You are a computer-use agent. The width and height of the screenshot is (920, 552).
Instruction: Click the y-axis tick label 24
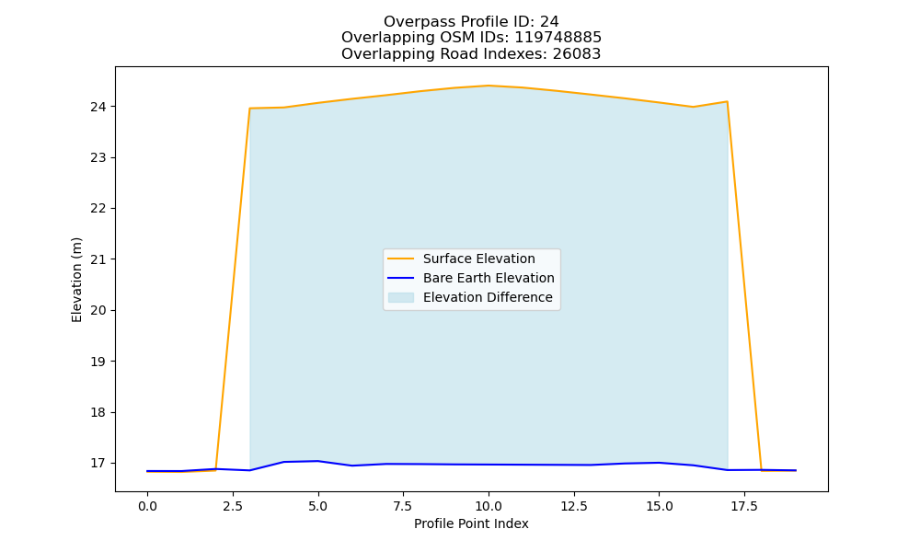tap(98, 107)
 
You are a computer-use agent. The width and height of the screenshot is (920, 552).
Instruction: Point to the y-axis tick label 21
tap(98, 259)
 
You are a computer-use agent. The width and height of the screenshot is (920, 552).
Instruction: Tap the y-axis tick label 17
tap(98, 464)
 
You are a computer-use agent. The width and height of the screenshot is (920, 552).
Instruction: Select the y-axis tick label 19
tap(98, 362)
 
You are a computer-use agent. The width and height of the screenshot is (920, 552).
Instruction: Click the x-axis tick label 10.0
tap(489, 506)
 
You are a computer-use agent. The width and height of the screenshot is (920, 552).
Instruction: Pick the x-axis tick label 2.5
tap(233, 506)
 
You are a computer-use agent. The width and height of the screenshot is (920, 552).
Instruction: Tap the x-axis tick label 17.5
tap(744, 506)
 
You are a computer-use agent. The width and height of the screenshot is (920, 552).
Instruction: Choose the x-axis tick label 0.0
tap(147, 506)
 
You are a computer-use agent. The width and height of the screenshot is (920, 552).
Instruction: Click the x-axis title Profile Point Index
tap(471, 523)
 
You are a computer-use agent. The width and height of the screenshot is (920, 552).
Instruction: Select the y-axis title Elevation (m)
tap(76, 280)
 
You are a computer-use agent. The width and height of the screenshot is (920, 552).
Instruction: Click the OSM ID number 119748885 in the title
tap(558, 38)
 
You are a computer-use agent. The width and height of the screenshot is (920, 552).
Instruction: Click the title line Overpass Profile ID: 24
tap(471, 22)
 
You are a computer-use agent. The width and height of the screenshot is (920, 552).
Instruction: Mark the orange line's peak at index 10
tap(489, 86)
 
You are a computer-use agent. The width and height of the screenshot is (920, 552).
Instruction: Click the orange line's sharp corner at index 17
tap(728, 101)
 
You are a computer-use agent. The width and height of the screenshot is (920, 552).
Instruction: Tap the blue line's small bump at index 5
tap(317, 461)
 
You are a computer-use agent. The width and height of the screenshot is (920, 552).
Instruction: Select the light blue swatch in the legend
tap(401, 297)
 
